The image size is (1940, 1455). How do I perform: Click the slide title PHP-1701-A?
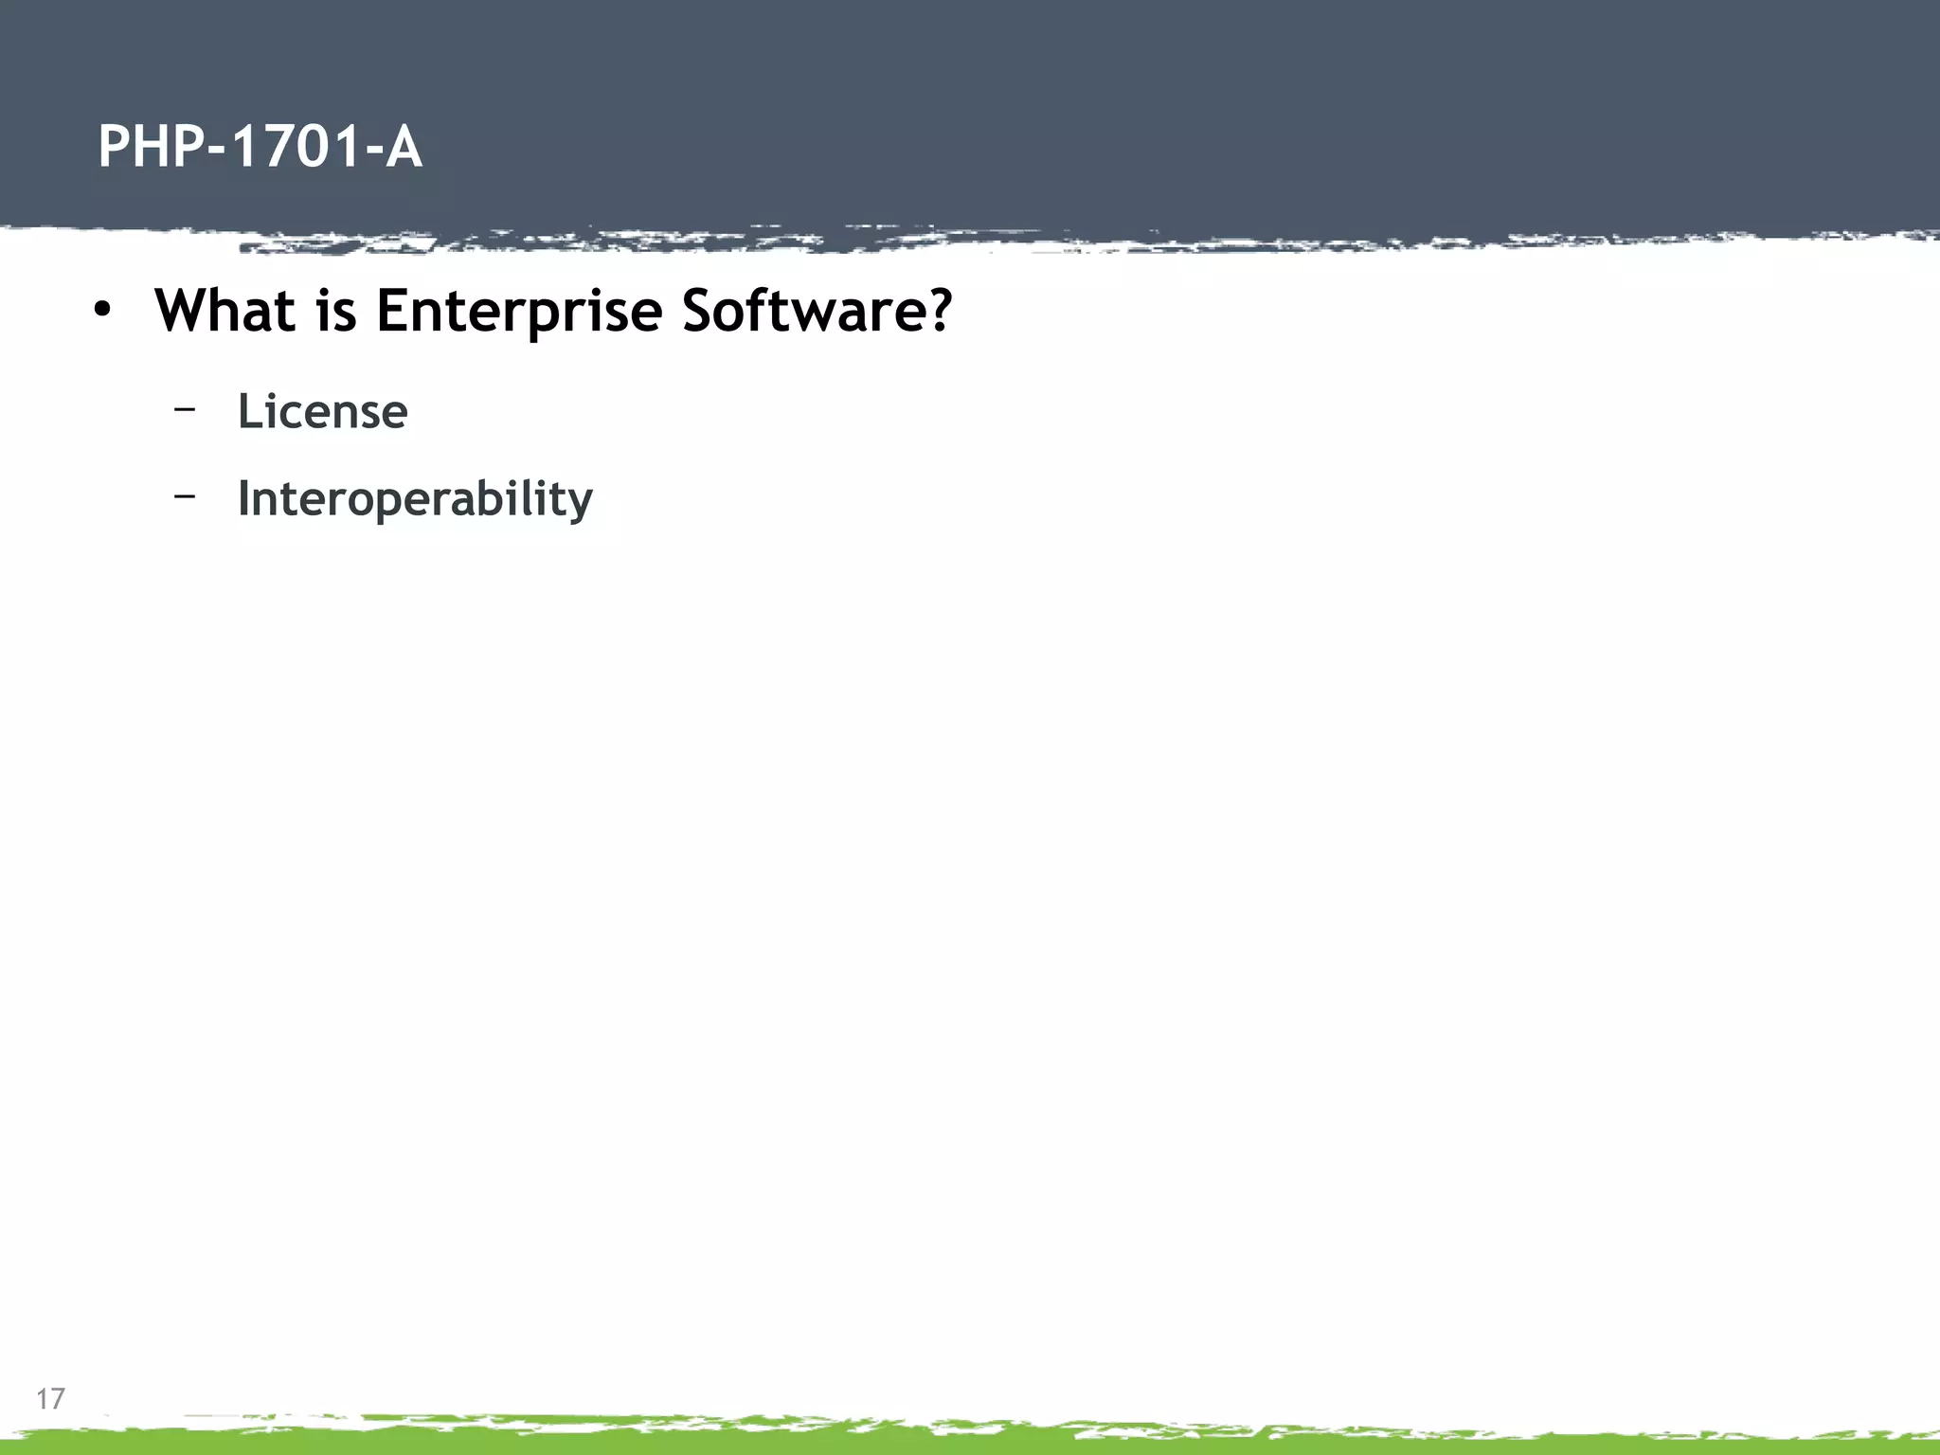(260, 148)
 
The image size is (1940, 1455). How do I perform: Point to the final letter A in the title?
(404, 148)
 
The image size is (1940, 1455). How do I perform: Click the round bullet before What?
(102, 311)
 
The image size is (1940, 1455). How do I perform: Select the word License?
(322, 411)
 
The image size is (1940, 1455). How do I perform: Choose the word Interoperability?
(415, 498)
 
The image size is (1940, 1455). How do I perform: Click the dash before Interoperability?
(186, 494)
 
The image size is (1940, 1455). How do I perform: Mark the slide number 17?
(50, 1398)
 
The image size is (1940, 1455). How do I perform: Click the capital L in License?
(250, 411)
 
